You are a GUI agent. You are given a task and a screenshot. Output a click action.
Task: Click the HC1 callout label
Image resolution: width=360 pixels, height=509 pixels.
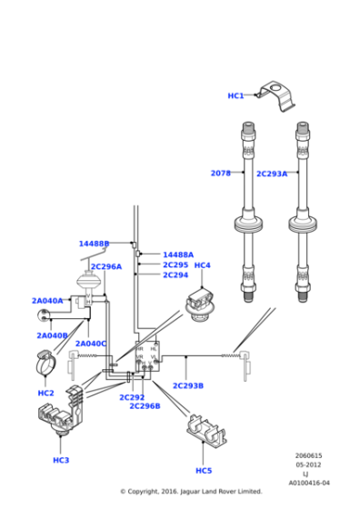point(235,95)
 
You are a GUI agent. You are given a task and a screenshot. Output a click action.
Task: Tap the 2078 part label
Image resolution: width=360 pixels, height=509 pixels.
point(220,173)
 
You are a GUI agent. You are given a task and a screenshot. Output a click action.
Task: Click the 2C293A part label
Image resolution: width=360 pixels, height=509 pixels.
point(271,174)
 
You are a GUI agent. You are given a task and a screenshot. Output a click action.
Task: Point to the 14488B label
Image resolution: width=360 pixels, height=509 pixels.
point(94,244)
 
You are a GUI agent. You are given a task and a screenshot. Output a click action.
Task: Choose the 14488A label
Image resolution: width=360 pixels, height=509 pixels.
point(177,255)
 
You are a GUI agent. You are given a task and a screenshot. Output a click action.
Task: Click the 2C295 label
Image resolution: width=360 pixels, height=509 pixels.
point(175,265)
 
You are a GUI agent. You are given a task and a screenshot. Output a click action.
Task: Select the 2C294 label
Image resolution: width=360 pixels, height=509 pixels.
point(175,275)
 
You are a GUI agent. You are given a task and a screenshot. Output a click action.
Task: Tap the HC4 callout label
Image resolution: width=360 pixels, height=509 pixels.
point(202,265)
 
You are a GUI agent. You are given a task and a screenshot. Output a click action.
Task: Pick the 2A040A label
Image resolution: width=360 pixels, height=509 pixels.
point(47,301)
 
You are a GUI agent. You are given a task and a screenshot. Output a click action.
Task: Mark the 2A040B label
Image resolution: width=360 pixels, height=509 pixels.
point(52,335)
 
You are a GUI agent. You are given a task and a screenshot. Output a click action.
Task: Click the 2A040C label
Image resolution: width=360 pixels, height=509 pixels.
point(90,344)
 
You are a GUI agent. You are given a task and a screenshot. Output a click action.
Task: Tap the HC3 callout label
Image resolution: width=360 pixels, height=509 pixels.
point(60,461)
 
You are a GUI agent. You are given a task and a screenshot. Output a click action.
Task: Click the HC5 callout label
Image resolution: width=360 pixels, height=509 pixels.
point(204,471)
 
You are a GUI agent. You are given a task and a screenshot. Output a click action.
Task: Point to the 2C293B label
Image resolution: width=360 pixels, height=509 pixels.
point(188,386)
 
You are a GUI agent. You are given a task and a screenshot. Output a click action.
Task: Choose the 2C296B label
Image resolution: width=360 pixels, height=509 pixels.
point(145,406)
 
